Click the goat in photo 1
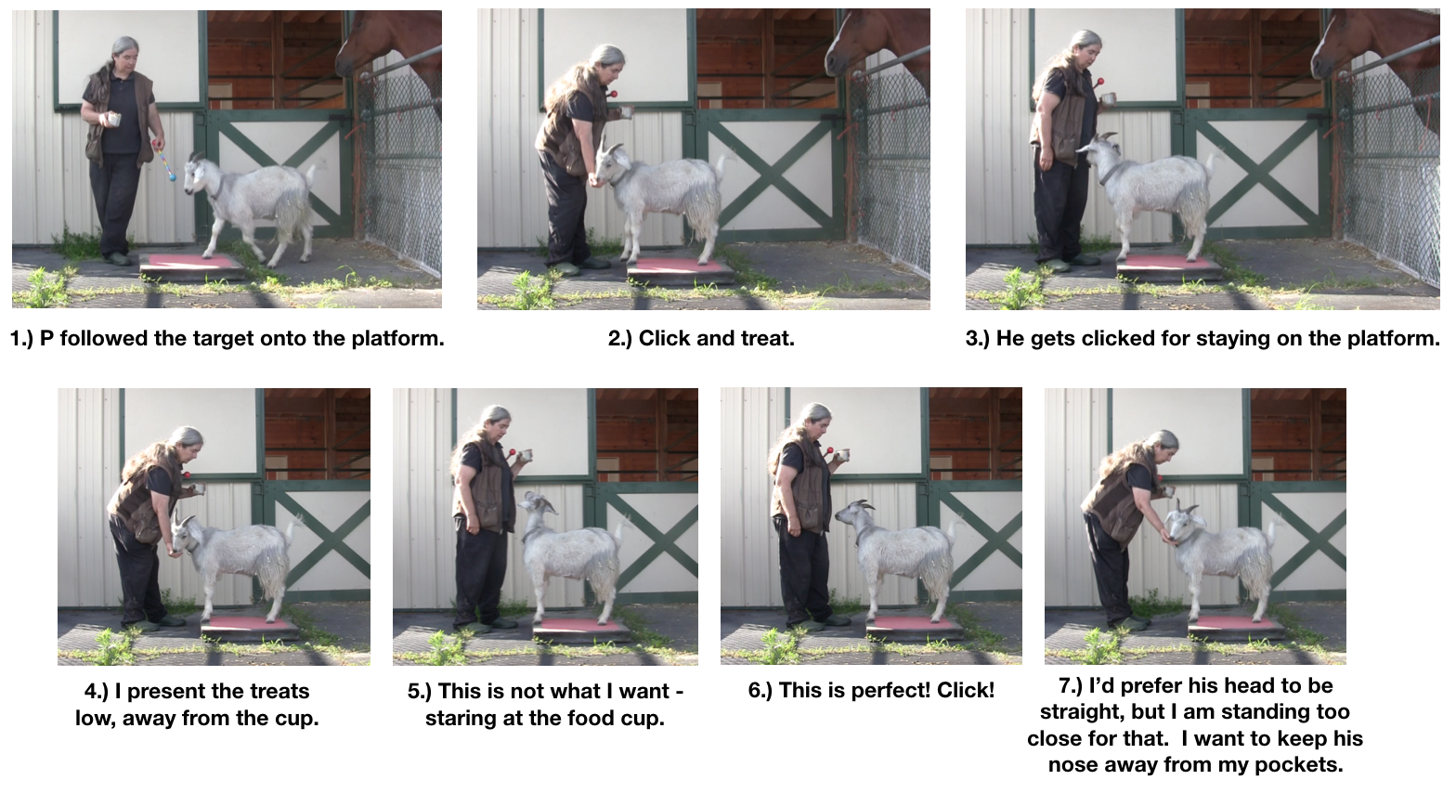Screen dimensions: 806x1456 tap(255, 200)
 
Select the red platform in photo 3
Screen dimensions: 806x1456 tap(1167, 264)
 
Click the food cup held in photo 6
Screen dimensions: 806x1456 tap(843, 455)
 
